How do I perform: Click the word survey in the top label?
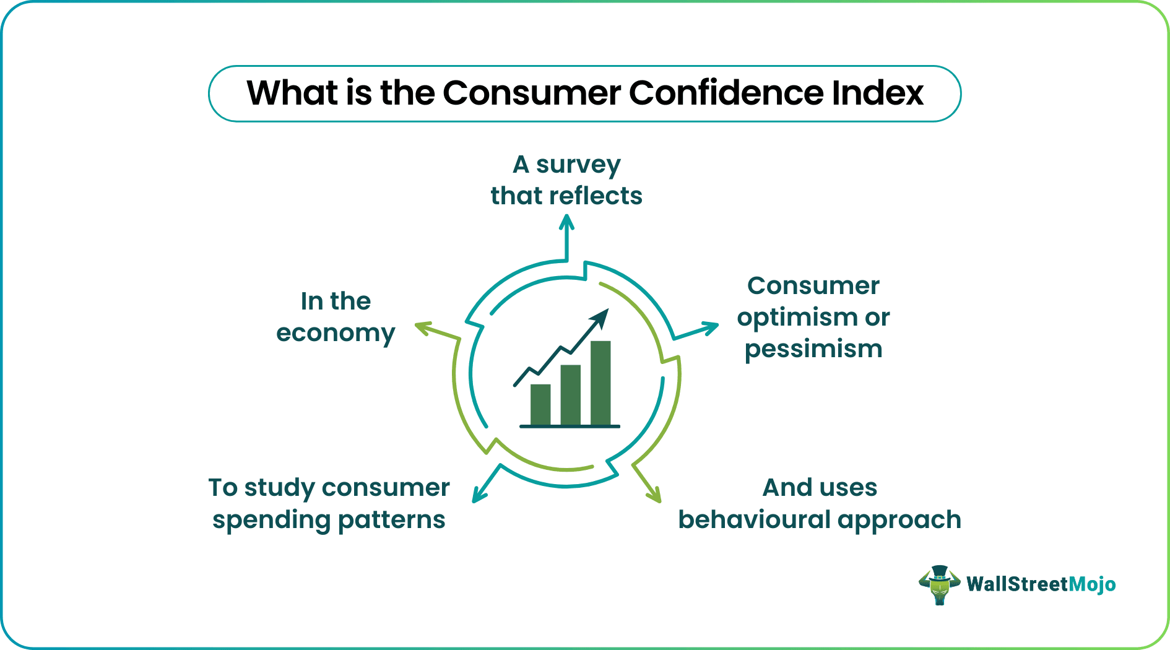coord(578,165)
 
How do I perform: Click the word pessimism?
coord(813,349)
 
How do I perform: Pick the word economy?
coord(336,334)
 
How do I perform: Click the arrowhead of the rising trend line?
coord(601,318)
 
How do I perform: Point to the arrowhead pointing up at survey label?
coord(566,221)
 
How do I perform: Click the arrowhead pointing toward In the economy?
coord(423,327)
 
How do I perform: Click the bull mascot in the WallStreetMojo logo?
coord(938,584)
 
